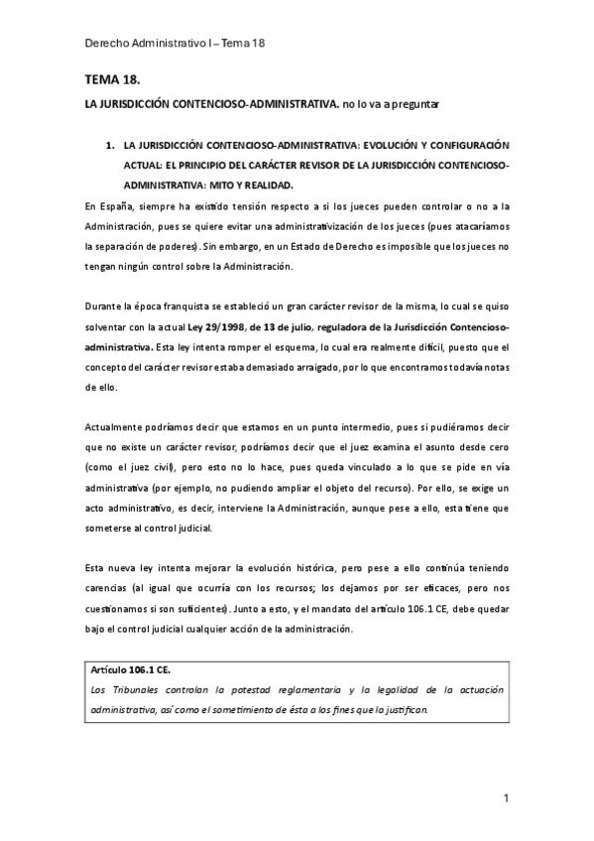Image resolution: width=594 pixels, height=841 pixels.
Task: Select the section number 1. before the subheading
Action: pos(110,146)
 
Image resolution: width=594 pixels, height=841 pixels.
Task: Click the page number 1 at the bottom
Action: pos(506,798)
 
